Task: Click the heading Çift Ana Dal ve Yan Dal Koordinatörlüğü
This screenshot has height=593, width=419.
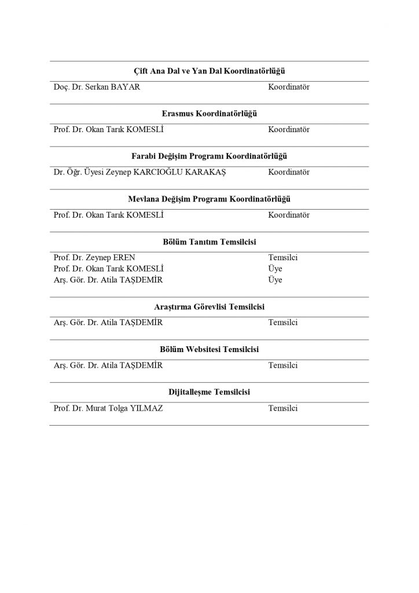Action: tap(209, 71)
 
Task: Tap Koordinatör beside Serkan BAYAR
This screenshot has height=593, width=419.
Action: tap(288, 87)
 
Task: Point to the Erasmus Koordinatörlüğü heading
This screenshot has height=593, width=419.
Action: tap(209, 114)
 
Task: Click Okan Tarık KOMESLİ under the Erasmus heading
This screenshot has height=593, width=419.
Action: tap(108, 129)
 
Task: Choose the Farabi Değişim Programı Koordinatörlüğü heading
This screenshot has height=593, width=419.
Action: tap(209, 156)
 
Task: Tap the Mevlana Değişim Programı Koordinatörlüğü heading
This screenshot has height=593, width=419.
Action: tap(209, 199)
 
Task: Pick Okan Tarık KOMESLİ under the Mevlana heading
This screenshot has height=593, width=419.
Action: tap(108, 215)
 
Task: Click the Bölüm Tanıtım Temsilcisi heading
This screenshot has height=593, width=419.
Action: tap(209, 242)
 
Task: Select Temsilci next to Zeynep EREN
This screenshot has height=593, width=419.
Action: tap(282, 257)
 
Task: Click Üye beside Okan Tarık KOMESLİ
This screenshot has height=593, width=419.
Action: tap(275, 269)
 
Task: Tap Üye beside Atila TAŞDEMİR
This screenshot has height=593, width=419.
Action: tap(275, 280)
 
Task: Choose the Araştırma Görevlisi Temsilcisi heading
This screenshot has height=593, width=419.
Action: tap(209, 307)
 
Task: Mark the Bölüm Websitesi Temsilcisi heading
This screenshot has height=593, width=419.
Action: tap(209, 350)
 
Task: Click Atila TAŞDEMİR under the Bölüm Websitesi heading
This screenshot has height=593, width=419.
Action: tap(108, 365)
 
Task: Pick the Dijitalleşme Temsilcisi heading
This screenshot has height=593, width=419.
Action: tap(209, 393)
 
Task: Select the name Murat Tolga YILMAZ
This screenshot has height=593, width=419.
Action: tap(108, 408)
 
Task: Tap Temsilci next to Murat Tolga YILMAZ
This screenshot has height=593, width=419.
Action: tap(282, 408)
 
